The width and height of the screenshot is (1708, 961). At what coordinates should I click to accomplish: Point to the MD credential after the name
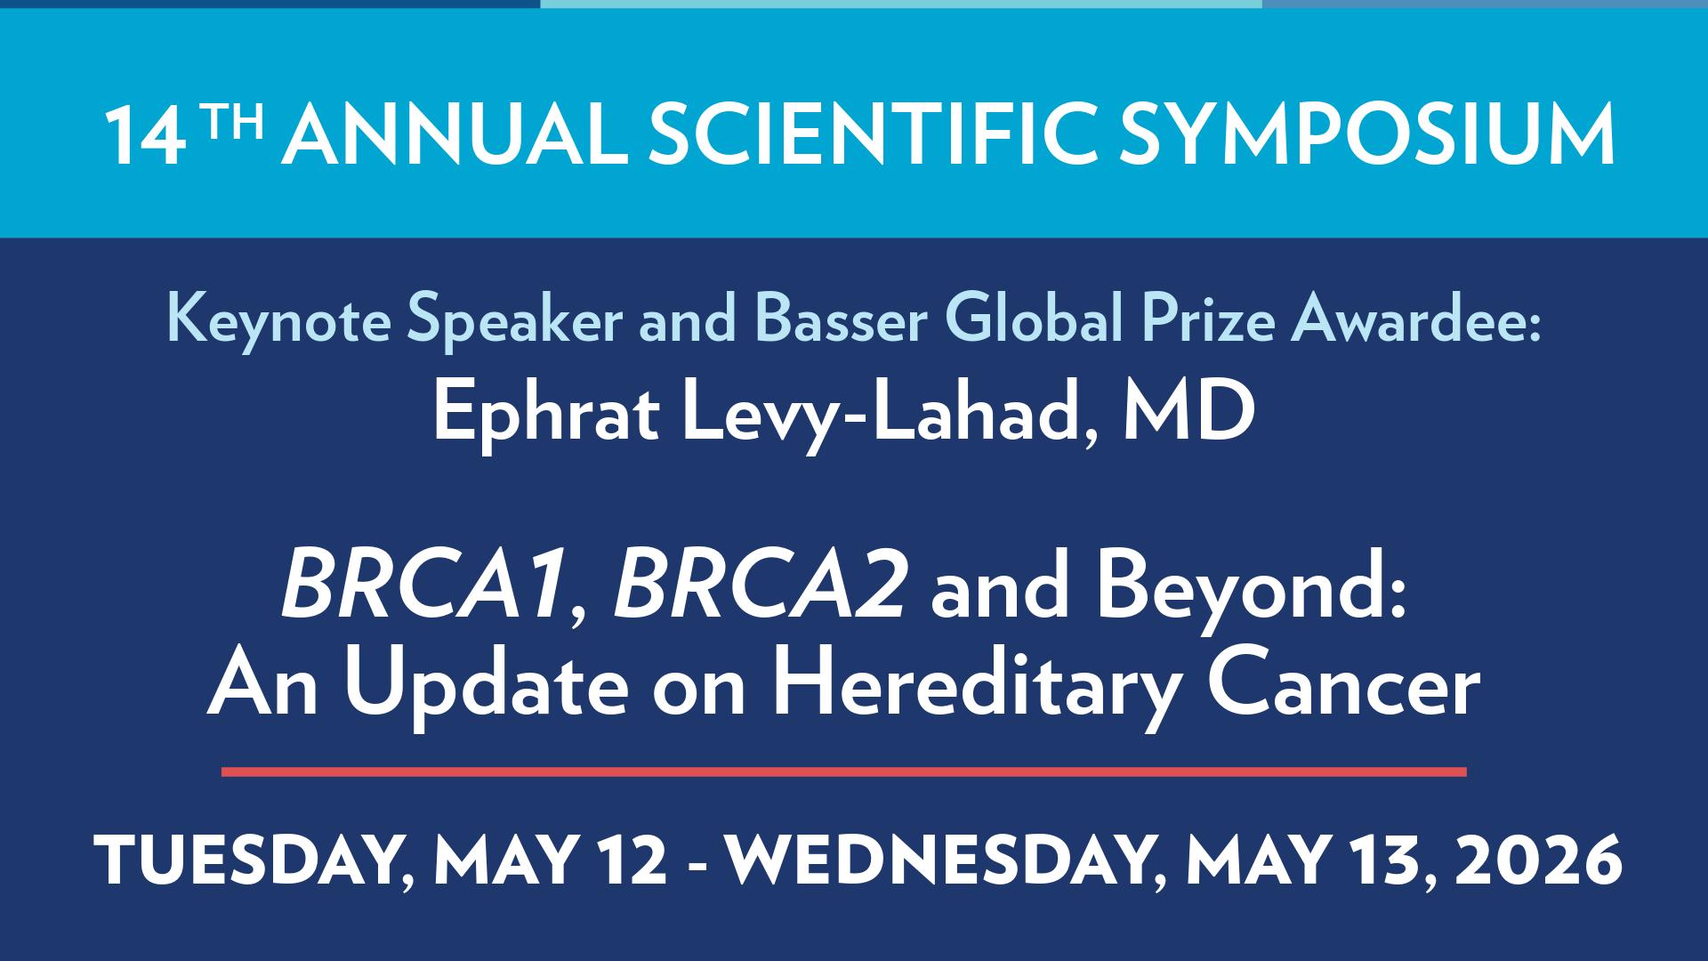pyautogui.click(x=1188, y=415)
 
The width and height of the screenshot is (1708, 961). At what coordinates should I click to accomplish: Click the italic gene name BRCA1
pyautogui.click(x=424, y=592)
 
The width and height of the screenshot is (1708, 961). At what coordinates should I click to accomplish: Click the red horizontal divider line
pyautogui.click(x=843, y=771)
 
